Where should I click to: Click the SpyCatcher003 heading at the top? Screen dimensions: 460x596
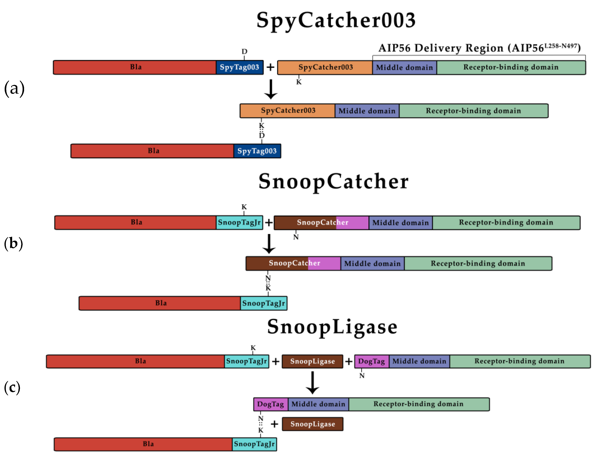(x=336, y=21)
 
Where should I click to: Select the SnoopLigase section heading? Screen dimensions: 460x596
(x=332, y=327)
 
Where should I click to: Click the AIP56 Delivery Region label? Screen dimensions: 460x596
(x=479, y=48)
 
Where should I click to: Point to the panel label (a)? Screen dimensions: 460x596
(x=14, y=89)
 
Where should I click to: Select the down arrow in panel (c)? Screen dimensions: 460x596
(x=312, y=382)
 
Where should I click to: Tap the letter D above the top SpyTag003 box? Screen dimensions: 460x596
(x=244, y=52)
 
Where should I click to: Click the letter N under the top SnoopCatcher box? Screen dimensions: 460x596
(x=296, y=237)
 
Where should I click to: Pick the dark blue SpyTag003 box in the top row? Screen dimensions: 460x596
(x=240, y=67)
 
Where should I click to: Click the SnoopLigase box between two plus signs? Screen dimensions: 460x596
(x=312, y=361)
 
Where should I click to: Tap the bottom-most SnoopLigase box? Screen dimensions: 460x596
(x=312, y=424)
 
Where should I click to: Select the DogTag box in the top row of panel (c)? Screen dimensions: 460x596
(x=372, y=361)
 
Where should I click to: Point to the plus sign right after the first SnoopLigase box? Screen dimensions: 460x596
(x=349, y=361)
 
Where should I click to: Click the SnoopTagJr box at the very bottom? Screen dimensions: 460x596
(x=254, y=444)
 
